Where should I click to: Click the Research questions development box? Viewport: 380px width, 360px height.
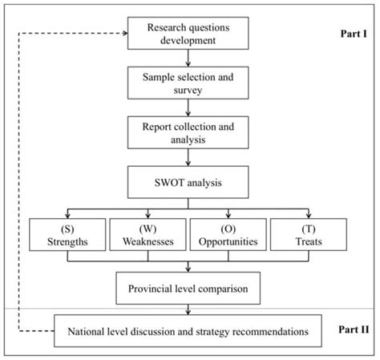coord(188,34)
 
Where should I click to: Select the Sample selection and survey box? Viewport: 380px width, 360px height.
coord(188,83)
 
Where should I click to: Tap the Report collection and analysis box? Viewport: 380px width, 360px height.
coord(188,131)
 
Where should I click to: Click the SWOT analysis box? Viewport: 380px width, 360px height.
coord(188,182)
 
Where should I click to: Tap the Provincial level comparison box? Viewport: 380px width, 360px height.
coord(188,286)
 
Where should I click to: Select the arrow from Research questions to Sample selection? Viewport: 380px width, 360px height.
coord(188,59)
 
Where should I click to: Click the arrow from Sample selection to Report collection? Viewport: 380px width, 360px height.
coord(188,107)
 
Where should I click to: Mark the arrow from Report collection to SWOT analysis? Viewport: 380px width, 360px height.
coord(188,158)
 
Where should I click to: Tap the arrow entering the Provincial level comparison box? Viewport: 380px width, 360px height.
coord(188,266)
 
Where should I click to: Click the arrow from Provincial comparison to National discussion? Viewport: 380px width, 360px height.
coord(188,309)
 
